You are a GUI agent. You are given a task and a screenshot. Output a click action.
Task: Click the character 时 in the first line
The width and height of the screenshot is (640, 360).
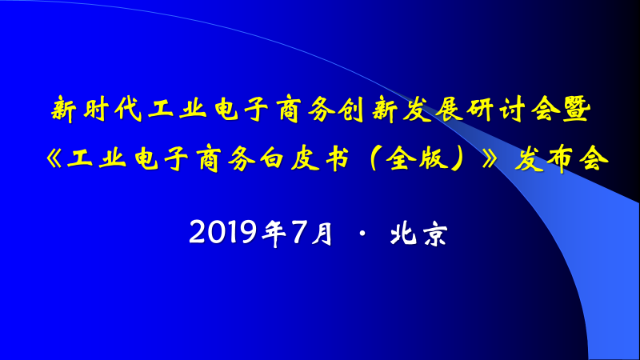point(97,110)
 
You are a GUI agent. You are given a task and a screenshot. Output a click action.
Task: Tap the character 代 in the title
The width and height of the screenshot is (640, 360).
point(128,110)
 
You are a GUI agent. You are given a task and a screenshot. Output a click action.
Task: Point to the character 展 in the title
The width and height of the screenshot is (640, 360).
point(449,110)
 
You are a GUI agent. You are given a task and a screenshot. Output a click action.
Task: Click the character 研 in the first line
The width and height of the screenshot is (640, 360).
point(481,110)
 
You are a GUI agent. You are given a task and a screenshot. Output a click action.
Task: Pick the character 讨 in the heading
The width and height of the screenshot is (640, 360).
point(512,110)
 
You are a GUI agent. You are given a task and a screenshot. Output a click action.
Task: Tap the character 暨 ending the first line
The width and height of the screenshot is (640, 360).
point(577,110)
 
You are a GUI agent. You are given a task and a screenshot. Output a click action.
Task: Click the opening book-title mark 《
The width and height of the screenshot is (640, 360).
point(54,158)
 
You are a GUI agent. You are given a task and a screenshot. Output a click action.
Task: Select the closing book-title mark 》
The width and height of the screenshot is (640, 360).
point(490,158)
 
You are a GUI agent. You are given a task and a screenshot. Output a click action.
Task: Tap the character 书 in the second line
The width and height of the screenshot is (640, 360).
point(337,158)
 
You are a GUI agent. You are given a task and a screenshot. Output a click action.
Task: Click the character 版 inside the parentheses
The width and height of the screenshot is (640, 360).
point(434,158)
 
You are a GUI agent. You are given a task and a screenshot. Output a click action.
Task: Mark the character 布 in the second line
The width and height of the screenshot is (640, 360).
point(561,158)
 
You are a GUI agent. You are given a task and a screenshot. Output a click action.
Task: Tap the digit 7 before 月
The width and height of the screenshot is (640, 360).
point(298,232)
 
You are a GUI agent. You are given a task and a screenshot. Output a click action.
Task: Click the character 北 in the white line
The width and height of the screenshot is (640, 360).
point(403,233)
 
